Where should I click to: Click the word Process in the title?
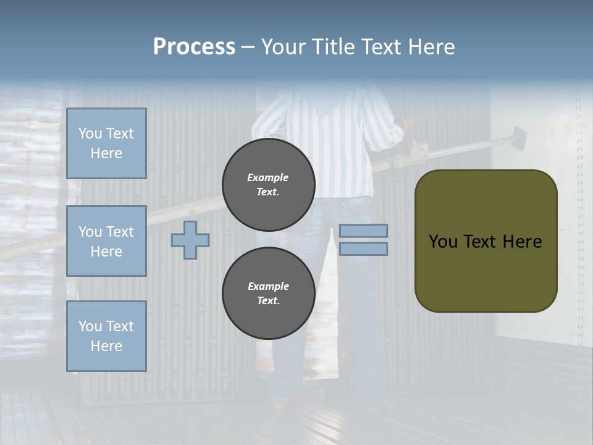[x=194, y=47]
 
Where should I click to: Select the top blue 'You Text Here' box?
[x=106, y=143]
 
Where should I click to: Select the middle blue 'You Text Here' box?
[x=106, y=241]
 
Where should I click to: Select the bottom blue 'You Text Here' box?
[x=106, y=336]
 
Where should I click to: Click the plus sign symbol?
[x=190, y=240]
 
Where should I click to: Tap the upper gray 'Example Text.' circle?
[x=269, y=185]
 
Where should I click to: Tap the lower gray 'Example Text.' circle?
[x=269, y=294]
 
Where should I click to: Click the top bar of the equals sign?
[x=363, y=231]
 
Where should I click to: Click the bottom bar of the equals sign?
[x=363, y=248]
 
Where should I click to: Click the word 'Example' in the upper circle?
[x=268, y=177]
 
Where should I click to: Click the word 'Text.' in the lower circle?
[x=268, y=301]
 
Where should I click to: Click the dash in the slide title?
[x=248, y=48]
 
